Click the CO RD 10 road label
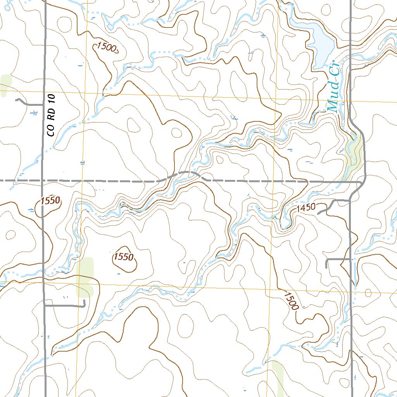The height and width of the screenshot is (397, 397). click(52, 115)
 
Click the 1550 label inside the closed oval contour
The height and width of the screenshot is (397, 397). click(124, 257)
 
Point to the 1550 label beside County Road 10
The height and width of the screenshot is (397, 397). click(50, 200)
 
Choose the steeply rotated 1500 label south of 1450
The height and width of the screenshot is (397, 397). click(291, 300)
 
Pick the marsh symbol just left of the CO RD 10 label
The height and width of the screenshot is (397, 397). click(34, 113)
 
